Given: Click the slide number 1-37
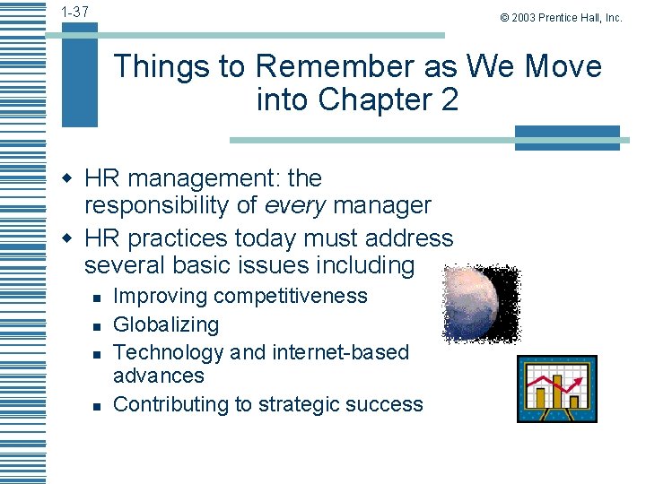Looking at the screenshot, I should coord(75,12).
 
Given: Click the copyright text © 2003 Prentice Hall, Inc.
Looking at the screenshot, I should coord(561,17).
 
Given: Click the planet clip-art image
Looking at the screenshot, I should coord(481,303).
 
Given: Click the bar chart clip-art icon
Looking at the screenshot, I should coord(556,388).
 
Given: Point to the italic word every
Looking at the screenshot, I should coord(295,206).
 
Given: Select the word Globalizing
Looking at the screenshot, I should coord(166,324).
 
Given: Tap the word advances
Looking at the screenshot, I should coord(158,376).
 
